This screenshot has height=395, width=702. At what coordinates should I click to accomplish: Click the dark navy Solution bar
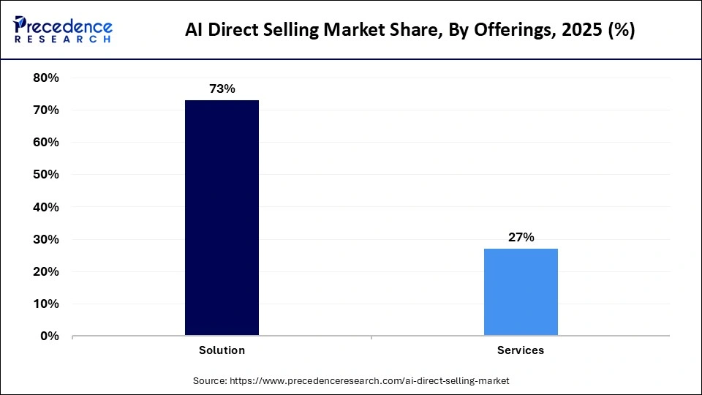point(222,218)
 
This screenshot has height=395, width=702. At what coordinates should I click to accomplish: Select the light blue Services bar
point(521,292)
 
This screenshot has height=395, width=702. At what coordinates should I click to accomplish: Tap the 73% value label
point(222,89)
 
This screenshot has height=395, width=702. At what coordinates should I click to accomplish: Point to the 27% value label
point(521,237)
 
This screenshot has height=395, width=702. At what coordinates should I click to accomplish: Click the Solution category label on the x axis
point(222,350)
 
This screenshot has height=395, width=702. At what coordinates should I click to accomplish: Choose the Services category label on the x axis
point(521,350)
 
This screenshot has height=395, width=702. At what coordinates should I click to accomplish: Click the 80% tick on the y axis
point(46,78)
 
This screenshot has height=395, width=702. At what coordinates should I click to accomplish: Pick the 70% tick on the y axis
point(46,110)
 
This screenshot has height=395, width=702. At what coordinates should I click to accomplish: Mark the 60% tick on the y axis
point(46,142)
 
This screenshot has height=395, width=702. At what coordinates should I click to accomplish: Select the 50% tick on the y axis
point(46,175)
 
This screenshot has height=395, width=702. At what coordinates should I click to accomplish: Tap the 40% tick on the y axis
point(46,207)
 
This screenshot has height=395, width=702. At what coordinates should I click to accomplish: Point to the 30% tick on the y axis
point(46,239)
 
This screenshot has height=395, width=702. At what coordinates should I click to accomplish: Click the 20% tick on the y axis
point(46,271)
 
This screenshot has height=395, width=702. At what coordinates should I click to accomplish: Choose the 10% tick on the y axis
point(46,304)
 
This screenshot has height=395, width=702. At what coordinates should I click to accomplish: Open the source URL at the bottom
point(369,380)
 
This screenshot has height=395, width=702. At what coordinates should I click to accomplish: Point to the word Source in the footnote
point(210,380)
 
